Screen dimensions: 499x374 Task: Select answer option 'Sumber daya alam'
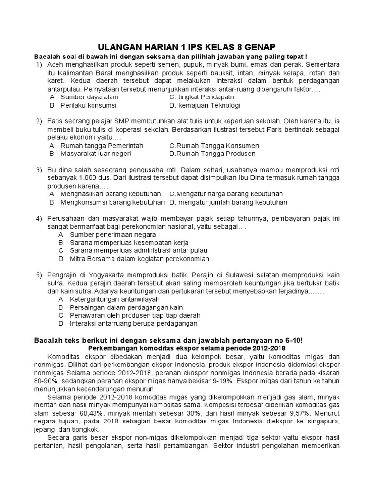[x=89, y=97]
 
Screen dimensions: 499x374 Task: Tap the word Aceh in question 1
[x=56, y=64]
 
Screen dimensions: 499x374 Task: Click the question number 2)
[x=39, y=121]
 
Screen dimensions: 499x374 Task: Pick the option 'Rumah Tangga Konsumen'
[x=214, y=146]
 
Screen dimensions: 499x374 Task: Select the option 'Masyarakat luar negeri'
[x=95, y=154]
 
